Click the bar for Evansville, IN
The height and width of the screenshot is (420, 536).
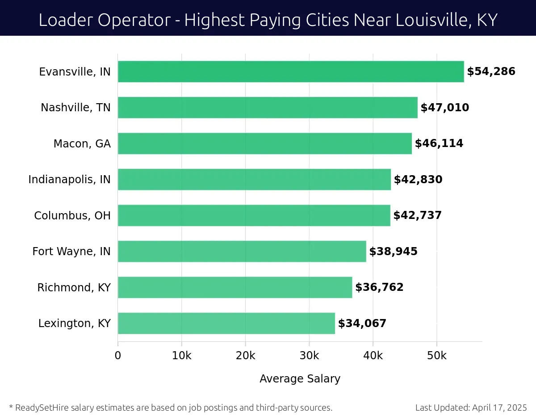coord(290,71)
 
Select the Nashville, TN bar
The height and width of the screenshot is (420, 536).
coord(267,108)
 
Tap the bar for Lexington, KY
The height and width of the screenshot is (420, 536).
coord(226,323)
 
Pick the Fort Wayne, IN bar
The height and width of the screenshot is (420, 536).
coord(242,252)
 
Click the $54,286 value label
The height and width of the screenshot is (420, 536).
coord(491,71)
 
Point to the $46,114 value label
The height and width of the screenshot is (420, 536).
coord(439,143)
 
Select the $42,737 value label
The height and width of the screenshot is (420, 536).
coord(417,215)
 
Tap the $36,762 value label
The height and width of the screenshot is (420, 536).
coord(379,287)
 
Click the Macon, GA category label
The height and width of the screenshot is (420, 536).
coord(82,144)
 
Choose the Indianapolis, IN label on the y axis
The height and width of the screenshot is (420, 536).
coord(69,180)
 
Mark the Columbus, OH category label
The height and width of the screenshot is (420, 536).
coord(72,216)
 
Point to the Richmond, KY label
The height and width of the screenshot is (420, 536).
coord(74,288)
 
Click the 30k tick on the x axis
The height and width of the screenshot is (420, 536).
coord(309,356)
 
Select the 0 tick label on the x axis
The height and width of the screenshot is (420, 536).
coord(118,356)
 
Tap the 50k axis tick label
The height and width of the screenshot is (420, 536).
coord(436,356)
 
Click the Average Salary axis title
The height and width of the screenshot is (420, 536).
coord(300,379)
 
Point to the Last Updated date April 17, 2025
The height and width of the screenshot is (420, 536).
coord(499,407)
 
